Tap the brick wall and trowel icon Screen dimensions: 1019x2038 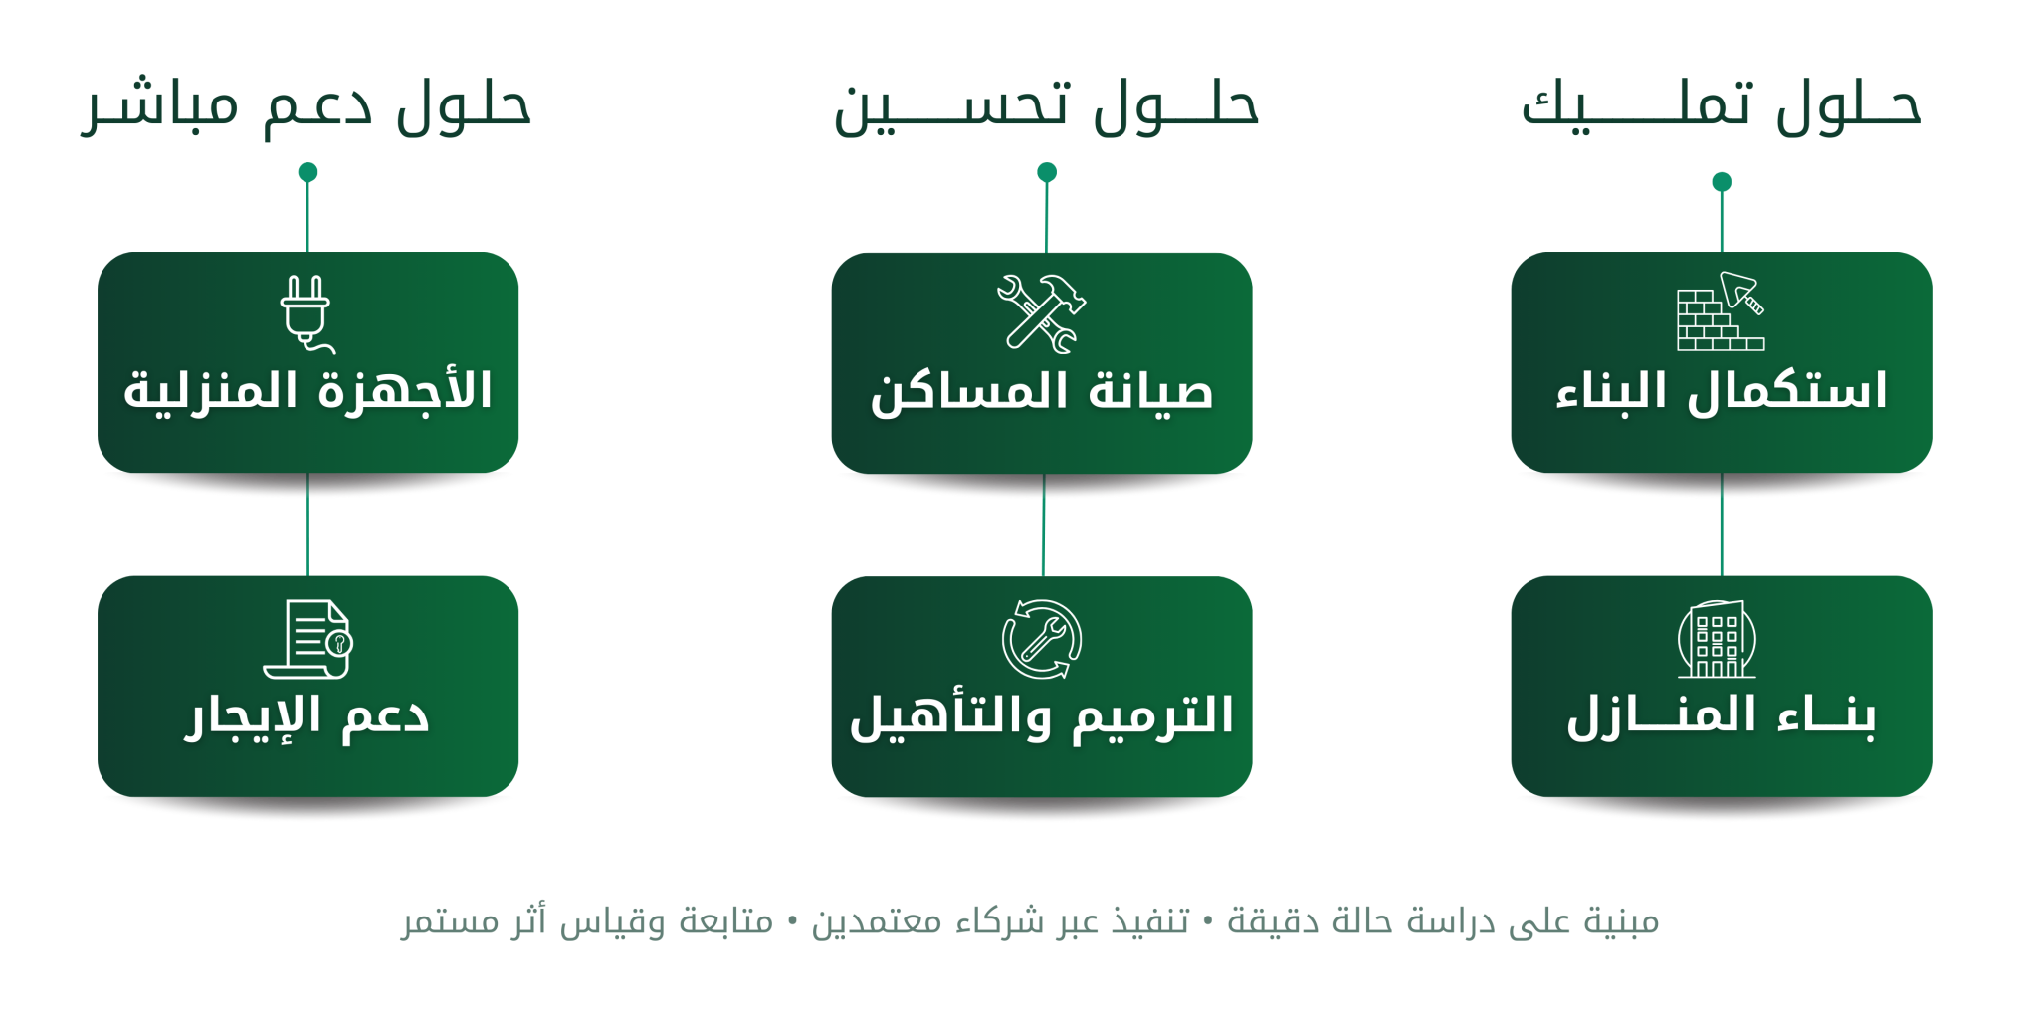1721,311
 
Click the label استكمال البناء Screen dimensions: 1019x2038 1722,391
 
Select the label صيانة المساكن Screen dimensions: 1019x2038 1042,391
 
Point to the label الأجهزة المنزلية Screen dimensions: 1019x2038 307,391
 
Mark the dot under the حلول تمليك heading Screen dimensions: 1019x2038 1722,182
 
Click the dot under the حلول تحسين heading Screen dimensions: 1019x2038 1047,172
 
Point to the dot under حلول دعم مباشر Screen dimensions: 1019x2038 307,172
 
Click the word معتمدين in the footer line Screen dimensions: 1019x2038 877,922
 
